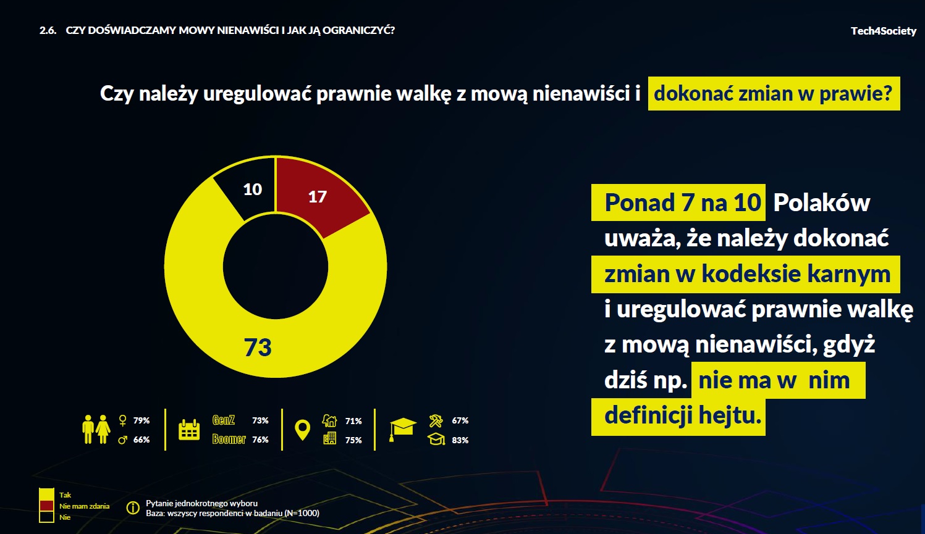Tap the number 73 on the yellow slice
pos(258,348)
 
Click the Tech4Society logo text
pos(883,31)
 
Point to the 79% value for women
pos(141,420)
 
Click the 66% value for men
pos(141,440)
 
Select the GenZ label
pos(224,420)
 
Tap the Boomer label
pos(229,440)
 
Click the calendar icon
pos(189,430)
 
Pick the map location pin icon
pos(302,430)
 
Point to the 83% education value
pos(460,440)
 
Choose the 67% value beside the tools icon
pos(460,420)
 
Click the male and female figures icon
pos(96,429)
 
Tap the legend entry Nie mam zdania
pos(84,506)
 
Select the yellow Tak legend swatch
pos(46,494)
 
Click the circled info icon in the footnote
pos(133,508)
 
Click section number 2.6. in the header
pos(48,30)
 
